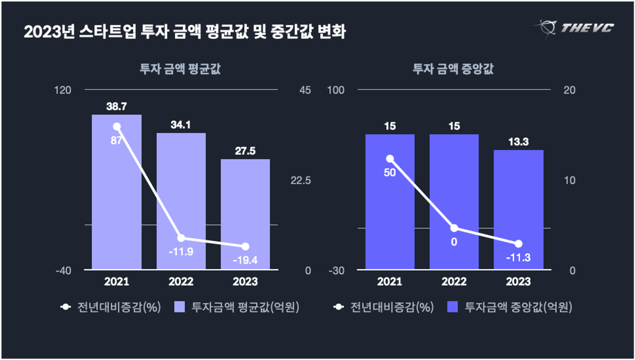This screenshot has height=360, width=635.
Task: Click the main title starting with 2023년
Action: (x=184, y=32)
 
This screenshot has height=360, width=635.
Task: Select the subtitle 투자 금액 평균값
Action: (x=180, y=69)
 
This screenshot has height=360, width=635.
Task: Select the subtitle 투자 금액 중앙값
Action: (x=453, y=69)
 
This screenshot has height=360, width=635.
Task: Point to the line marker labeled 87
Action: (x=117, y=127)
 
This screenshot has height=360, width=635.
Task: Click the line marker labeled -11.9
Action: (x=181, y=238)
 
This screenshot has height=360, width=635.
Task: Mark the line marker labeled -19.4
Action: (x=245, y=246)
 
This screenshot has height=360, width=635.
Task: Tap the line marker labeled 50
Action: (x=390, y=159)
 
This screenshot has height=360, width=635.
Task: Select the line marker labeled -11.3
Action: (x=518, y=244)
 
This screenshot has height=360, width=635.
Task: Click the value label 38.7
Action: (x=116, y=107)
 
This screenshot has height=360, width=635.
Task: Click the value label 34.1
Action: (x=181, y=125)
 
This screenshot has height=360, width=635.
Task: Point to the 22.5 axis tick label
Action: (x=300, y=180)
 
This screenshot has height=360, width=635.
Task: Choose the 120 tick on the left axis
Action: (x=62, y=90)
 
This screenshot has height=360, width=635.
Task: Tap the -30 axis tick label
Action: (x=336, y=270)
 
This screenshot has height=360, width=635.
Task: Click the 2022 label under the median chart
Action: (x=454, y=281)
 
